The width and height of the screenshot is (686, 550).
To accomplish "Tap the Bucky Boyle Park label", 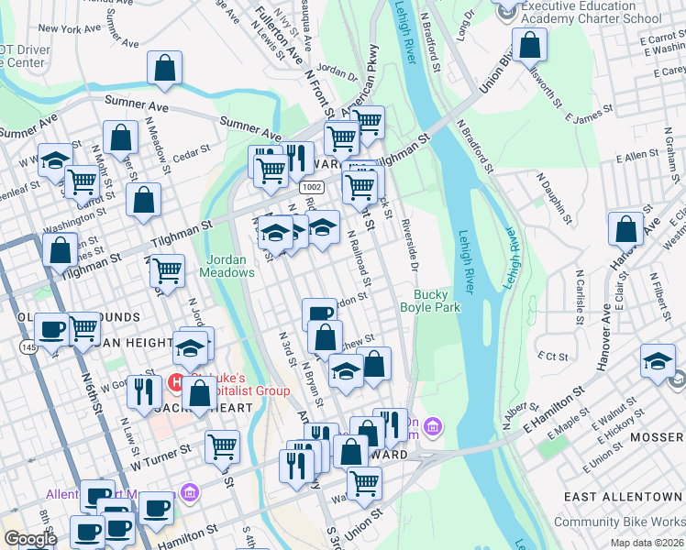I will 436,301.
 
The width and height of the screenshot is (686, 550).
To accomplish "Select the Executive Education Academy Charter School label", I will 591,12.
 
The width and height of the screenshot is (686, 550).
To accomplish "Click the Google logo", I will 30,538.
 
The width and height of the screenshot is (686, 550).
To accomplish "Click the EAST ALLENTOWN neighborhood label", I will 622,497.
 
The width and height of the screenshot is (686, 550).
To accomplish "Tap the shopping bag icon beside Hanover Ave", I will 626,230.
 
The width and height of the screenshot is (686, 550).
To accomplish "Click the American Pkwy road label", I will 359,80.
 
